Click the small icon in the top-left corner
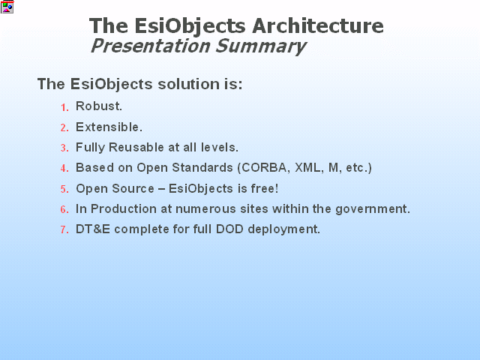7,7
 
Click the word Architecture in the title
318,25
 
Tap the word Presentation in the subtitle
151,46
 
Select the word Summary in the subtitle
261,46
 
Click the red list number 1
64,107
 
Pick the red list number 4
64,168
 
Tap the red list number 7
64,229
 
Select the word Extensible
109,127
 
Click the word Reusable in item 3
136,147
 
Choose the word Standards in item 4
202,168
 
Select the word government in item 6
373,209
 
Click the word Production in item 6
123,208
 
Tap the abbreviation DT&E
93,229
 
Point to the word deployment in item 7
283,229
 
